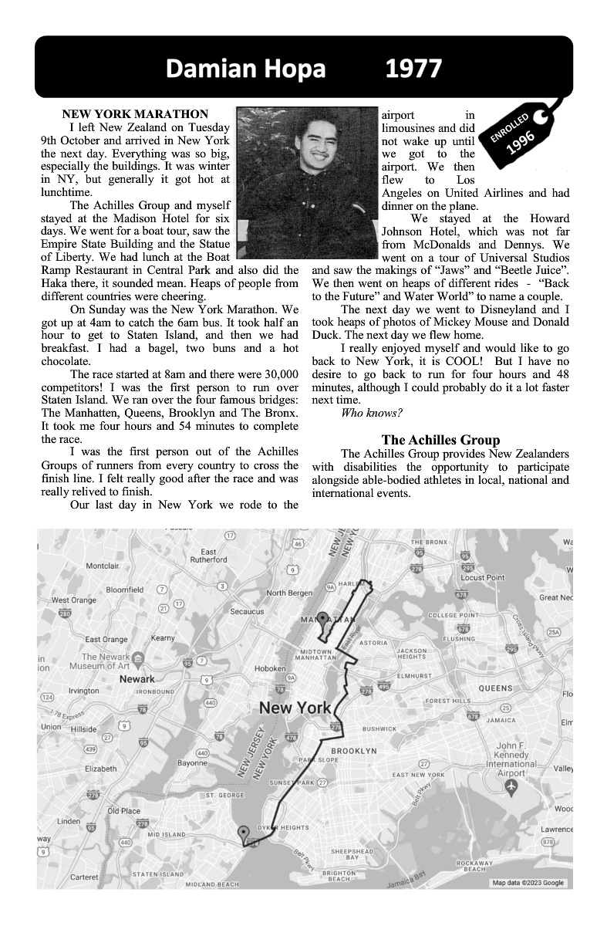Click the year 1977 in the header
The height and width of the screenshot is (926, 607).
coord(413,69)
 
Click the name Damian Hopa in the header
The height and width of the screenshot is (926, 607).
coord(245,69)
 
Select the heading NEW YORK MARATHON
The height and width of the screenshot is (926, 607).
coord(135,114)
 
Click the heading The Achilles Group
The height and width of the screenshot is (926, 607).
coord(440,440)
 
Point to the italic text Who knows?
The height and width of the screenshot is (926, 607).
coord(366,414)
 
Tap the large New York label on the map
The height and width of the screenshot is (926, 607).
coord(295,708)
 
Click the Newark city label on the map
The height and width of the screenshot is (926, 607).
coord(137,679)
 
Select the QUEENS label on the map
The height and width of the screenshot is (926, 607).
coord(496,688)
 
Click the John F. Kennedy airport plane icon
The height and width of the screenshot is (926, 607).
coord(510,785)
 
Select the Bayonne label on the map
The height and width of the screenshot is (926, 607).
coord(192,763)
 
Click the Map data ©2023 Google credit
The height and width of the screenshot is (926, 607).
coord(528,883)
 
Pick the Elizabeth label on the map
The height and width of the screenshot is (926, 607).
coord(101,769)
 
